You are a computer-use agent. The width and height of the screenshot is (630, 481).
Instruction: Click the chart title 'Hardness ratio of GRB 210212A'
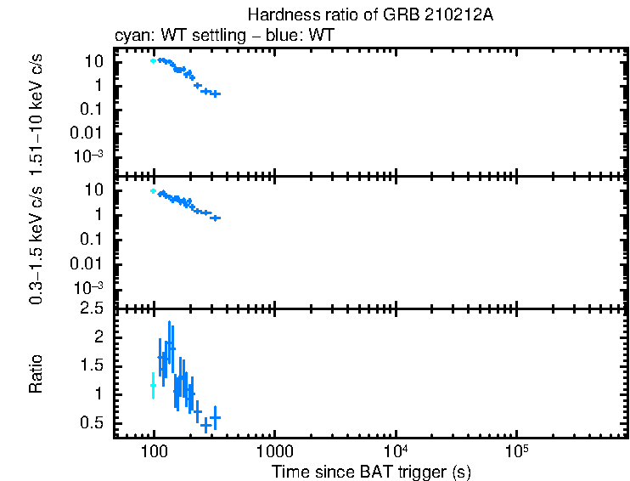pyautogui.click(x=371, y=15)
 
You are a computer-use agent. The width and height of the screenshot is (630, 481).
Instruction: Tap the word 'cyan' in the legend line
pyautogui.click(x=131, y=37)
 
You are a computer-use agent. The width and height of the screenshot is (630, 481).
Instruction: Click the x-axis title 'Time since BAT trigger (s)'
pyautogui.click(x=371, y=471)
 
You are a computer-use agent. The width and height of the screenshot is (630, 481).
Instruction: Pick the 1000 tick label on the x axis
pyautogui.click(x=274, y=452)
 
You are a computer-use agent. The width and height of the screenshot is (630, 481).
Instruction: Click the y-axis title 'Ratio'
pyautogui.click(x=37, y=374)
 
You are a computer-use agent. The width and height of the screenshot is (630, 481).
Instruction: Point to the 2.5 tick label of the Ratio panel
pyautogui.click(x=93, y=308)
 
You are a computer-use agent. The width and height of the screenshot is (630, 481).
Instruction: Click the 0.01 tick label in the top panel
pyautogui.click(x=91, y=133)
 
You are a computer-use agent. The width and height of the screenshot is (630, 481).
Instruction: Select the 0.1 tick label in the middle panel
pyautogui.click(x=93, y=240)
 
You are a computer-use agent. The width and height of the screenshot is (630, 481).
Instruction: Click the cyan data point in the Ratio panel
pyautogui.click(x=153, y=385)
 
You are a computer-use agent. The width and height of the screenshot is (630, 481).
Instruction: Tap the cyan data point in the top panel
pyautogui.click(x=153, y=61)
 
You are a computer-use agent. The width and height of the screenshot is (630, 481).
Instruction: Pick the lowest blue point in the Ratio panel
pyautogui.click(x=205, y=425)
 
